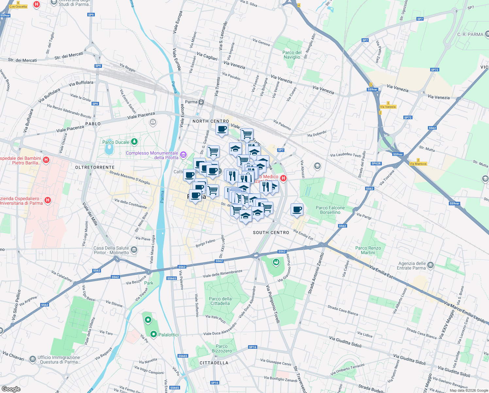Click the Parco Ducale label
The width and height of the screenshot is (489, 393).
(116, 142)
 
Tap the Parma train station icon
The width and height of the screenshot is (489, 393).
(201, 102)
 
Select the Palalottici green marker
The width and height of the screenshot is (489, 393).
(153, 334)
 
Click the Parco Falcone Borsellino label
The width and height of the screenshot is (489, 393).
(330, 210)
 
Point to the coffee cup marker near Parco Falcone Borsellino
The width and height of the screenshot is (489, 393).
(297, 209)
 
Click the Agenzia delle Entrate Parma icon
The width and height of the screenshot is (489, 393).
(430, 265)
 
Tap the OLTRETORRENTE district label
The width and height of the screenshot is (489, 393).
(95, 167)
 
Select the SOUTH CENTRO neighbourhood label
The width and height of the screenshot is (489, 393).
(271, 233)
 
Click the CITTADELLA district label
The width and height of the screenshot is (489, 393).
(214, 363)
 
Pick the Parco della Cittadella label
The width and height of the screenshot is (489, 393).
(220, 301)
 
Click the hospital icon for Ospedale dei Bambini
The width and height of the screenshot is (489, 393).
(46, 160)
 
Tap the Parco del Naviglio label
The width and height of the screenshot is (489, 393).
(292, 55)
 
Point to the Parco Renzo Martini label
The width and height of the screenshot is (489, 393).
(368, 250)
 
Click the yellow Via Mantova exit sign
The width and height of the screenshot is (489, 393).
(418, 164)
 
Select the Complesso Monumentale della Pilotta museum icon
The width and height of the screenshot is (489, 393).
(183, 154)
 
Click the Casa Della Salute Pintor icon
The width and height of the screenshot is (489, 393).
(134, 250)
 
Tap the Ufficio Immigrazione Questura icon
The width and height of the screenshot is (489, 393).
(32, 359)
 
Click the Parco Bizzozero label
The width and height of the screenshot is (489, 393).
(222, 348)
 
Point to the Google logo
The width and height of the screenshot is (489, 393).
(11, 389)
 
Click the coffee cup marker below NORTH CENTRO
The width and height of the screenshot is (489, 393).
(222, 129)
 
